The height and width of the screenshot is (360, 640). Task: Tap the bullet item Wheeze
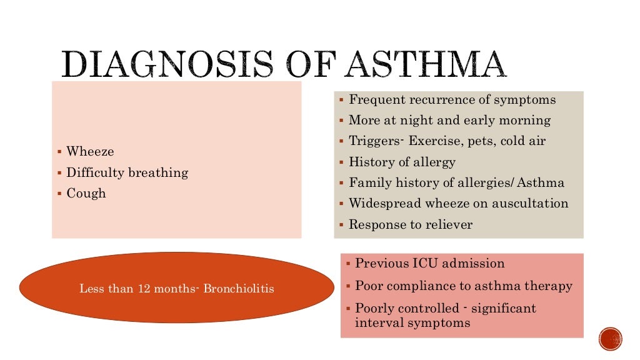[90, 152]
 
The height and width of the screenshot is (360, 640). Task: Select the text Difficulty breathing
[127, 172]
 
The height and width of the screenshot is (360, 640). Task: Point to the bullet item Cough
[86, 193]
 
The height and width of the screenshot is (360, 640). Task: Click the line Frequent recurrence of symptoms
[452, 100]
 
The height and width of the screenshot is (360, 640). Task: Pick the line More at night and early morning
[449, 121]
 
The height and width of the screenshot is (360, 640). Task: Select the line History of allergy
[402, 162]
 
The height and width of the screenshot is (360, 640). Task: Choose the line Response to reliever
[411, 224]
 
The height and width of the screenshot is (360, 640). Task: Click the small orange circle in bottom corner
[610, 339]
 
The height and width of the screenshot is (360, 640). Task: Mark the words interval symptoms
[412, 323]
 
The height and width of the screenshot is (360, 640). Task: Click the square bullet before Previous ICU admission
[347, 264]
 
